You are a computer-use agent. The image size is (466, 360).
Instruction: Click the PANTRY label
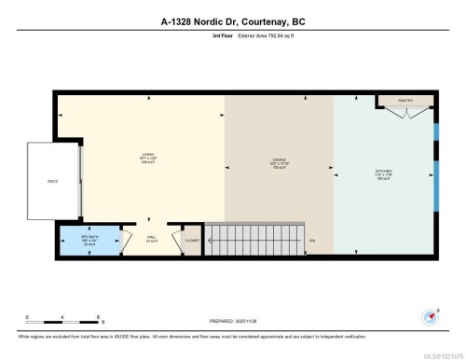coord(404,99)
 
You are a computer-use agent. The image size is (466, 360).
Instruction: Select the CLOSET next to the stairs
coord(191,240)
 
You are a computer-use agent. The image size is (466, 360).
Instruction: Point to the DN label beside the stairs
coord(312,240)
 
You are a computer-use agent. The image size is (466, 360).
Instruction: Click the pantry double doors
coord(404,115)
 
